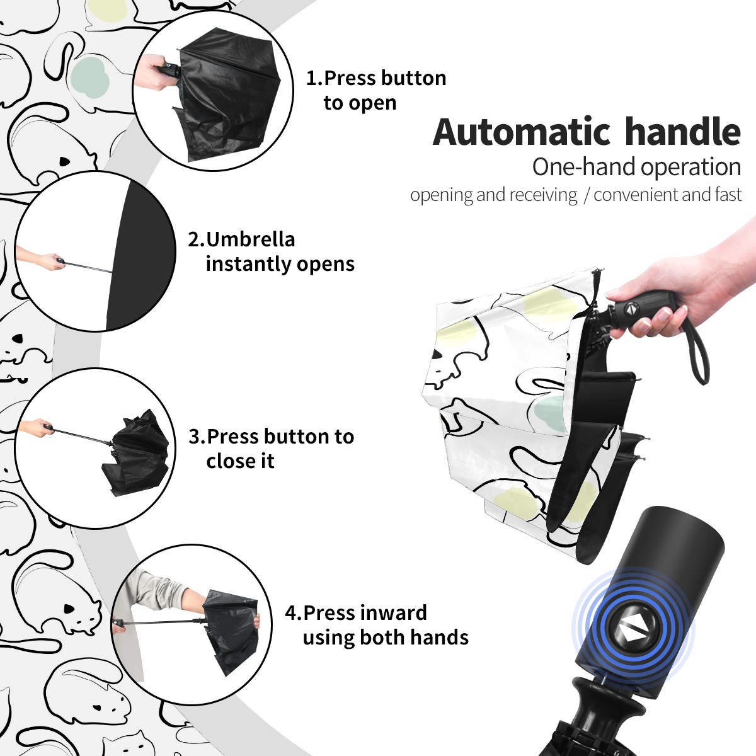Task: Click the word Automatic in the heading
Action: (522, 132)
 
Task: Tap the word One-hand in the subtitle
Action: (584, 167)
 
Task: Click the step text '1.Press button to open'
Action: (376, 90)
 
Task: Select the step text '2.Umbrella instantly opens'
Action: (271, 251)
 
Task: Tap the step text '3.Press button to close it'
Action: (271, 449)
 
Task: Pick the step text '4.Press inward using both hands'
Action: (377, 625)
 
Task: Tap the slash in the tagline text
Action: (586, 195)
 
